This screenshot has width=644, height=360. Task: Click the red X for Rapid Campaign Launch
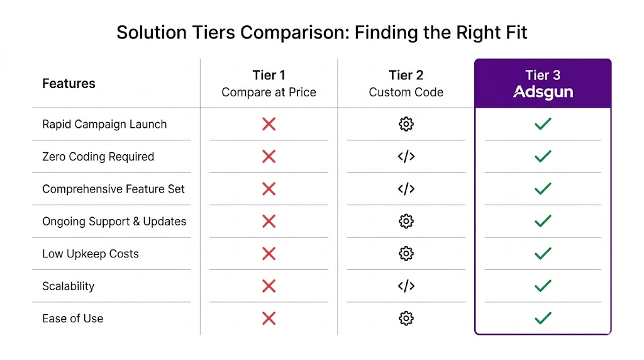(x=269, y=124)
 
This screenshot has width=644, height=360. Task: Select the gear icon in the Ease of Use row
(x=406, y=318)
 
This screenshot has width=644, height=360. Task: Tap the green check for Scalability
(x=542, y=286)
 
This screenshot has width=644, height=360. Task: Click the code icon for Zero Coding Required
(x=406, y=157)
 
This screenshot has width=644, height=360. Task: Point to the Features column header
(x=69, y=84)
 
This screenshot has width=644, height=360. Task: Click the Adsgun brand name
(x=543, y=93)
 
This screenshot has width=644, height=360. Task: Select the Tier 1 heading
(x=269, y=76)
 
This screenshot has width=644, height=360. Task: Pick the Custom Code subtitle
(x=406, y=93)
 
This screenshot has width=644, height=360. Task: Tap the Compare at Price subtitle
(x=269, y=93)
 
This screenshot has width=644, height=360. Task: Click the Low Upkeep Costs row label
(x=91, y=254)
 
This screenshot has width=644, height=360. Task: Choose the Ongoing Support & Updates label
(x=114, y=222)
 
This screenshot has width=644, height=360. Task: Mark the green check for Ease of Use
(x=542, y=318)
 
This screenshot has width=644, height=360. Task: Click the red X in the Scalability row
(x=269, y=286)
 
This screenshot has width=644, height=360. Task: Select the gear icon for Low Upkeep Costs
(x=406, y=254)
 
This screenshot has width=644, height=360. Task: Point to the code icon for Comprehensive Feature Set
(x=406, y=189)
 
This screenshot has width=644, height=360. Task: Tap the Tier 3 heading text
(x=543, y=76)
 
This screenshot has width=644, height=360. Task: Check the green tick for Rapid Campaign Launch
(x=542, y=124)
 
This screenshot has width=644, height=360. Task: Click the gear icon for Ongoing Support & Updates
(x=406, y=222)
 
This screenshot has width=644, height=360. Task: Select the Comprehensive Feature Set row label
(x=114, y=189)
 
